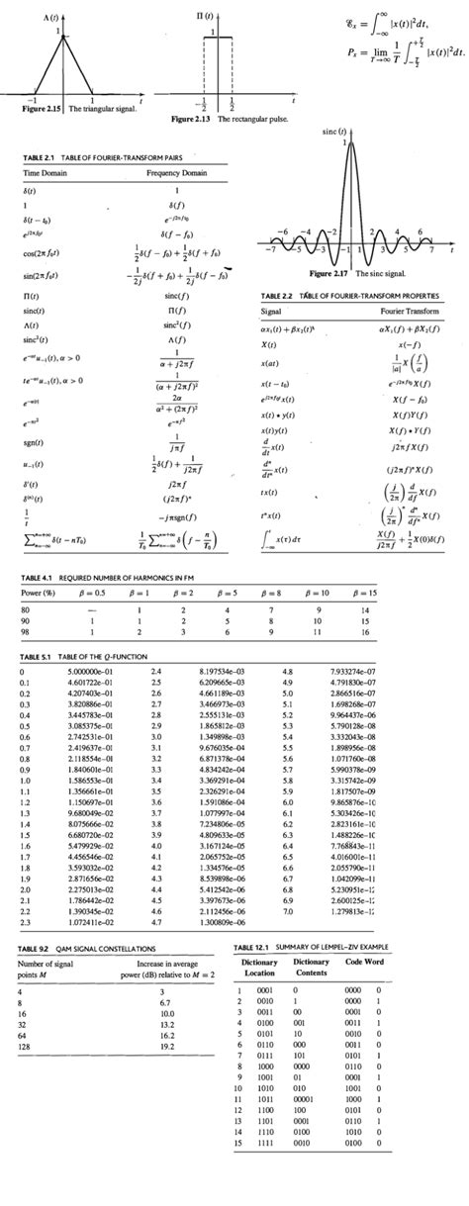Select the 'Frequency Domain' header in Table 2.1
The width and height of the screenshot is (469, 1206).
click(175, 172)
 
